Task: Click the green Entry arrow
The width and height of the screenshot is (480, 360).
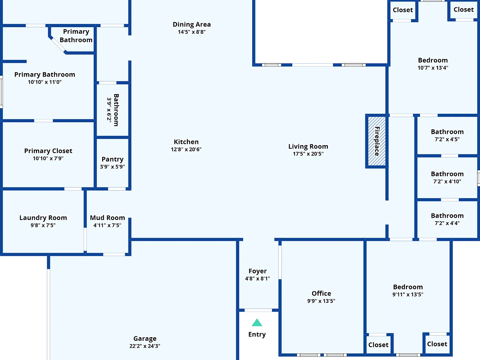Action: point(257,322)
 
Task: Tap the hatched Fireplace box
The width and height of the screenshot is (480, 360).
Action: point(377,141)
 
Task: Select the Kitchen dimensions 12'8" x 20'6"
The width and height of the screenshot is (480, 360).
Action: point(186,149)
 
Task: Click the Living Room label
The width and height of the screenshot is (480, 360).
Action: point(308,146)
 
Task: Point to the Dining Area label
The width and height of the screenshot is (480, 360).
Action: point(192,24)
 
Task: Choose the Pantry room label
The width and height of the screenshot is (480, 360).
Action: point(112,159)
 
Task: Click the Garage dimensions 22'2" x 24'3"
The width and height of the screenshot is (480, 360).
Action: point(145,346)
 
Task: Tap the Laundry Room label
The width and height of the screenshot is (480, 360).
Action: point(43,218)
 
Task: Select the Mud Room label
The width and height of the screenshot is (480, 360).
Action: point(107,218)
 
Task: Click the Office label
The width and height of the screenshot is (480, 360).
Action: point(321,293)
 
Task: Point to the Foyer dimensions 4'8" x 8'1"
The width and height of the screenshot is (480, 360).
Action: point(257,278)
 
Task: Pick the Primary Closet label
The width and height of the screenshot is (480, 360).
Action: point(48,151)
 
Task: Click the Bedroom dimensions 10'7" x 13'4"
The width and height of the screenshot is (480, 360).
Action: point(433,68)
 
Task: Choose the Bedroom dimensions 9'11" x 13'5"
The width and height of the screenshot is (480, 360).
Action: point(408,294)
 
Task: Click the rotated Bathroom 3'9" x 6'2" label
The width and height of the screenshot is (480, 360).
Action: point(113,110)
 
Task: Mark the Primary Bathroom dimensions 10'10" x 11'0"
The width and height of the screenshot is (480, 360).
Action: point(45,82)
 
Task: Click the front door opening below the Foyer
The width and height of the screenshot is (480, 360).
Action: point(258,310)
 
